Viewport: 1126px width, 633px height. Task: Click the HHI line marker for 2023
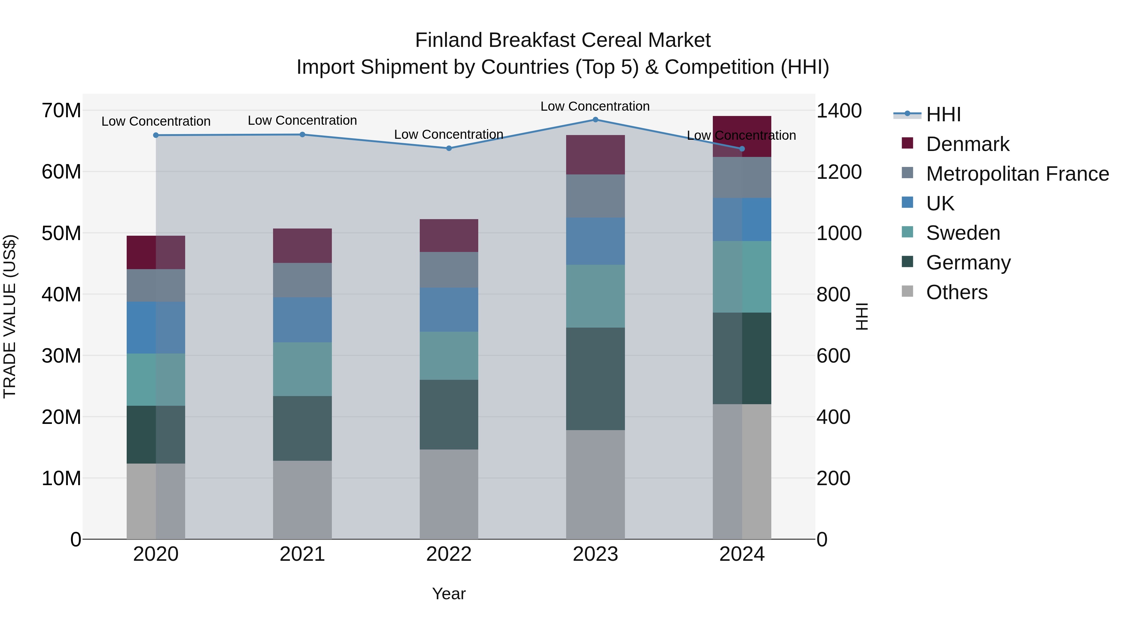tap(595, 120)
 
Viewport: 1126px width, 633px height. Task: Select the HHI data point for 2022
tap(449, 148)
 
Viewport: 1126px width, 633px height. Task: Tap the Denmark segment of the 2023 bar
tap(595, 155)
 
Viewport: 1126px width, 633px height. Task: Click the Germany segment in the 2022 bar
tap(449, 414)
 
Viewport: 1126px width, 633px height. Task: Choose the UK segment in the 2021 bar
tap(302, 319)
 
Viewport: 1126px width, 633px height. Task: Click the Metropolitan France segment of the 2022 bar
tap(449, 269)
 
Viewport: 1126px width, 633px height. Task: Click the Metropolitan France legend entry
tap(1017, 174)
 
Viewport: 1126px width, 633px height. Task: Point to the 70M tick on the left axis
tap(61, 111)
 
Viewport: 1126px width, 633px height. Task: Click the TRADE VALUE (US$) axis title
tap(10, 316)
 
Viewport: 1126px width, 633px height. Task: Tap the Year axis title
tap(449, 594)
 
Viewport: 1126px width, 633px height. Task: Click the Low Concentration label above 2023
tap(595, 106)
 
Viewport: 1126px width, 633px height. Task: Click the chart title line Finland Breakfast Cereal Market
tap(563, 40)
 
